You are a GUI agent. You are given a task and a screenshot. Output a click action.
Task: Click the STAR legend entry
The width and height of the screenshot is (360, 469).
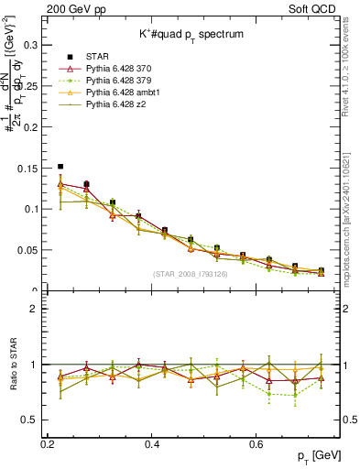[x=98, y=57]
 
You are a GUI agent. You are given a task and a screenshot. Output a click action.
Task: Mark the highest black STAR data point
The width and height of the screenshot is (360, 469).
[x=60, y=167]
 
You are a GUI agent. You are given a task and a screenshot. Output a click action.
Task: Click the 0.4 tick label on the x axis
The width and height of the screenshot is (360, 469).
[x=152, y=444]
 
